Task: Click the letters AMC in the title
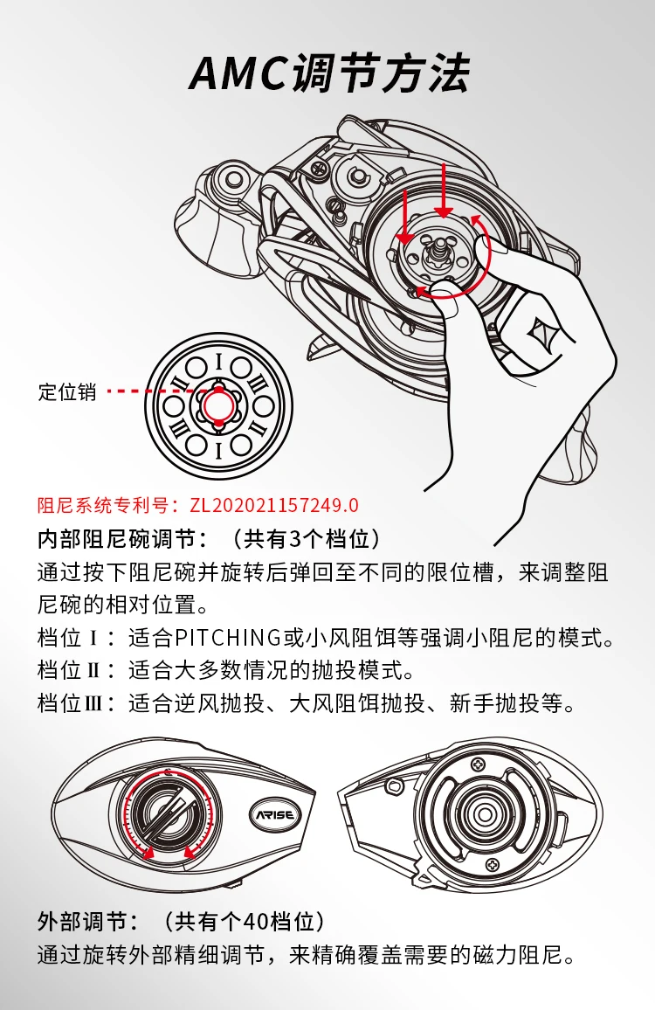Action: (239, 73)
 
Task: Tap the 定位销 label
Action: (67, 391)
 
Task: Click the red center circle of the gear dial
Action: (219, 405)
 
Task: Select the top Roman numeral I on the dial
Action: (219, 362)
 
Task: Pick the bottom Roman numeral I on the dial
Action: (219, 450)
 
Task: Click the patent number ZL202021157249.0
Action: (274, 505)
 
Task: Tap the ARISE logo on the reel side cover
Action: (275, 815)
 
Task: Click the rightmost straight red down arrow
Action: (443, 190)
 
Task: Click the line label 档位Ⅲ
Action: (67, 702)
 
